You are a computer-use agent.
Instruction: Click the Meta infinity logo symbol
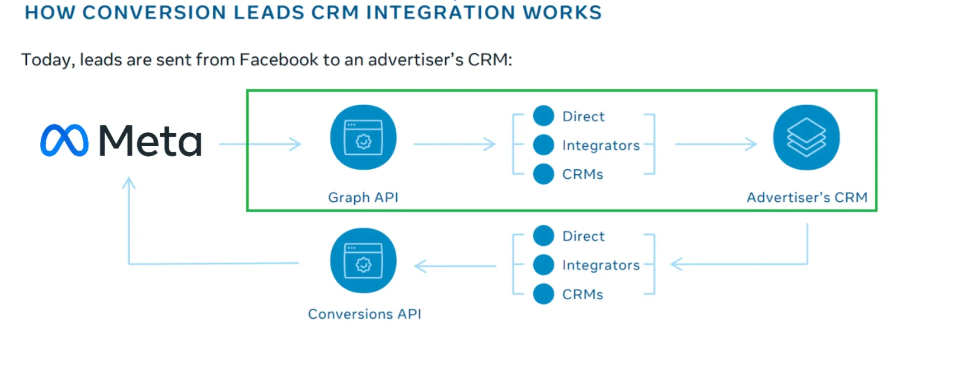[x=64, y=140]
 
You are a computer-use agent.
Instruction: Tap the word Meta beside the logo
[x=150, y=140]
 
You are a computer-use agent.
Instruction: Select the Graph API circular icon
[x=363, y=138]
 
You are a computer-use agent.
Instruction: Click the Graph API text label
[x=363, y=197]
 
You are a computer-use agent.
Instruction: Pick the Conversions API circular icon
[x=363, y=261]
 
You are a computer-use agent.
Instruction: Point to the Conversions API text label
[x=364, y=314]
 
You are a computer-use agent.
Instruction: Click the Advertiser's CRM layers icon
[x=806, y=138]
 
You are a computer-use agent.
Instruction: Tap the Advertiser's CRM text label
[x=807, y=197]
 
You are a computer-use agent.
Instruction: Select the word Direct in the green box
[x=583, y=116]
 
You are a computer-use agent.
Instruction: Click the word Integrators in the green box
[x=601, y=145]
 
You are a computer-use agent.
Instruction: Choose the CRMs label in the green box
[x=582, y=174]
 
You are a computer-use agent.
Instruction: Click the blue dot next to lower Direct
[x=543, y=236]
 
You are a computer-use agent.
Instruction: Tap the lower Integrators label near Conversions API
[x=601, y=265]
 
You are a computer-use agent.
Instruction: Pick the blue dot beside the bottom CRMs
[x=543, y=294]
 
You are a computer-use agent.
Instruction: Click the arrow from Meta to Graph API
[x=260, y=144]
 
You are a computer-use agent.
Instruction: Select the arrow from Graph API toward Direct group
[x=454, y=144]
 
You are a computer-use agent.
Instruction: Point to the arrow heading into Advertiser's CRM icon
[x=716, y=144]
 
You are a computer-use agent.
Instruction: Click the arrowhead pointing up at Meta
[x=129, y=182]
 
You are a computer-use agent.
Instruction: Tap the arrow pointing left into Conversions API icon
[x=455, y=266]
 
